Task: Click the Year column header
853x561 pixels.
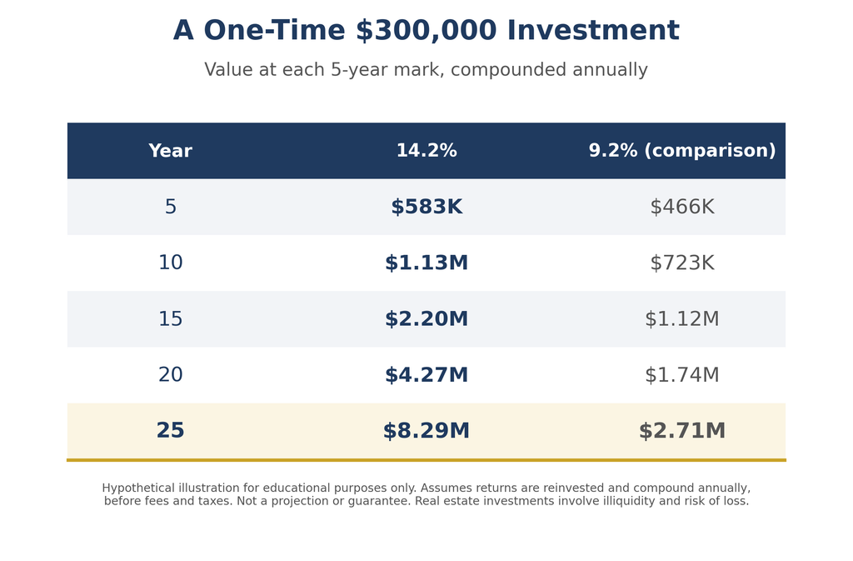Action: click(170, 151)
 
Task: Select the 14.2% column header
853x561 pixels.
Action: click(426, 151)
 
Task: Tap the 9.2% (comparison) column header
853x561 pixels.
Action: click(682, 151)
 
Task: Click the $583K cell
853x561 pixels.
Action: click(426, 207)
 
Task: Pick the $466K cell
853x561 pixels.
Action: click(682, 207)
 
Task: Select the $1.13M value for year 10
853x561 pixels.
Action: click(426, 263)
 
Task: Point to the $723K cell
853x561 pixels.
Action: click(682, 263)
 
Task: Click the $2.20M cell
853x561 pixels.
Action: click(426, 319)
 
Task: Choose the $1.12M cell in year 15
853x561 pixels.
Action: click(682, 319)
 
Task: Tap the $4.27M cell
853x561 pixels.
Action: click(426, 375)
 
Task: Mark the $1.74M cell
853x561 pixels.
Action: click(682, 375)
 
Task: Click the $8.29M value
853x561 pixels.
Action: click(426, 431)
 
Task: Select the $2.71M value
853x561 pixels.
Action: click(682, 431)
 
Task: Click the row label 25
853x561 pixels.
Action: click(170, 430)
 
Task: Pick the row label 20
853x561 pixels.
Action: click(170, 374)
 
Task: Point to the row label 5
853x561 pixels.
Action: click(170, 207)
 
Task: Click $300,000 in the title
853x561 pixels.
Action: click(426, 31)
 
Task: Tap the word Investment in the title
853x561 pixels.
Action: click(593, 30)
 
